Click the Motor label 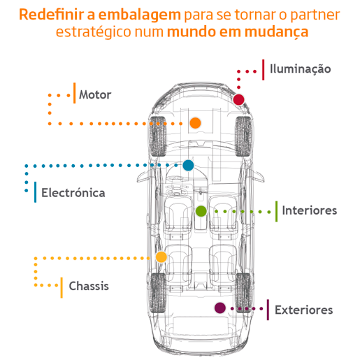point(95,95)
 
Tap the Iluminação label point(300,69)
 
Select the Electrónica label point(73,193)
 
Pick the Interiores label point(310,210)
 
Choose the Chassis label point(89,286)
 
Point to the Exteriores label point(304,310)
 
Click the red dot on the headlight point(238,99)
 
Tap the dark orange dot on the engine point(195,123)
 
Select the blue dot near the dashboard point(188,165)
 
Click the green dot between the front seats point(201,211)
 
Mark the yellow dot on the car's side point(161,257)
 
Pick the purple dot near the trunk point(220,308)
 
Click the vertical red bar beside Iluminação point(264,70)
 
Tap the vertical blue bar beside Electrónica point(35,192)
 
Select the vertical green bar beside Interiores point(277,211)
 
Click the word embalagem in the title point(139,15)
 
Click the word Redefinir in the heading point(52,15)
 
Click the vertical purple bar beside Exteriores point(268,310)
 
